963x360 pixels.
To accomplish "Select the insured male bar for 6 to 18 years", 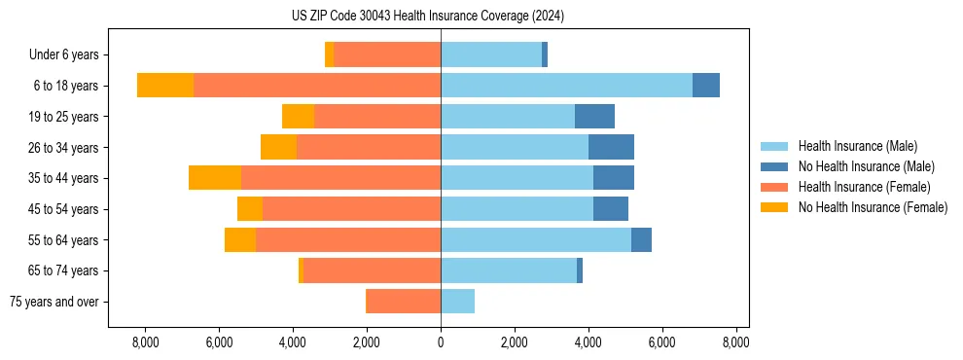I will click(x=566, y=86).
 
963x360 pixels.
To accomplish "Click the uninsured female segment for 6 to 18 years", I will click(x=165, y=86).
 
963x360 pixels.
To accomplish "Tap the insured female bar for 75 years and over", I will click(x=403, y=302).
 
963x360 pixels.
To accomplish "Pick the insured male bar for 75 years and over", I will click(x=457, y=302).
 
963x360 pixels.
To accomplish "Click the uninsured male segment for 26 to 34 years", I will click(x=611, y=147).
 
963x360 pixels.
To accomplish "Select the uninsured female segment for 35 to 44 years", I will click(x=215, y=178).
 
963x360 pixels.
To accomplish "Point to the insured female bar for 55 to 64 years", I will click(x=348, y=239).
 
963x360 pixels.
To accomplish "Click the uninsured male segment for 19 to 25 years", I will click(x=594, y=117).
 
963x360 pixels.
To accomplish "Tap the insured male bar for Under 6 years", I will click(x=491, y=54).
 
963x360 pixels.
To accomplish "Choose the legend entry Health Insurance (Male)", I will click(x=857, y=146).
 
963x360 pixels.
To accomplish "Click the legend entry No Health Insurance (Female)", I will click(x=873, y=207).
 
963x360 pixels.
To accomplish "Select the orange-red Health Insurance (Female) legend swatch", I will click(x=775, y=187).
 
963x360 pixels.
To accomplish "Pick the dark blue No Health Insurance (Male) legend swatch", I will click(x=775, y=166).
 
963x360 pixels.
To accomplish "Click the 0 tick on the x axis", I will click(x=441, y=342).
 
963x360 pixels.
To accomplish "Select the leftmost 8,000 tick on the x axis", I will click(x=145, y=342).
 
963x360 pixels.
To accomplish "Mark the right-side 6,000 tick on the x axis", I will click(x=661, y=342).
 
